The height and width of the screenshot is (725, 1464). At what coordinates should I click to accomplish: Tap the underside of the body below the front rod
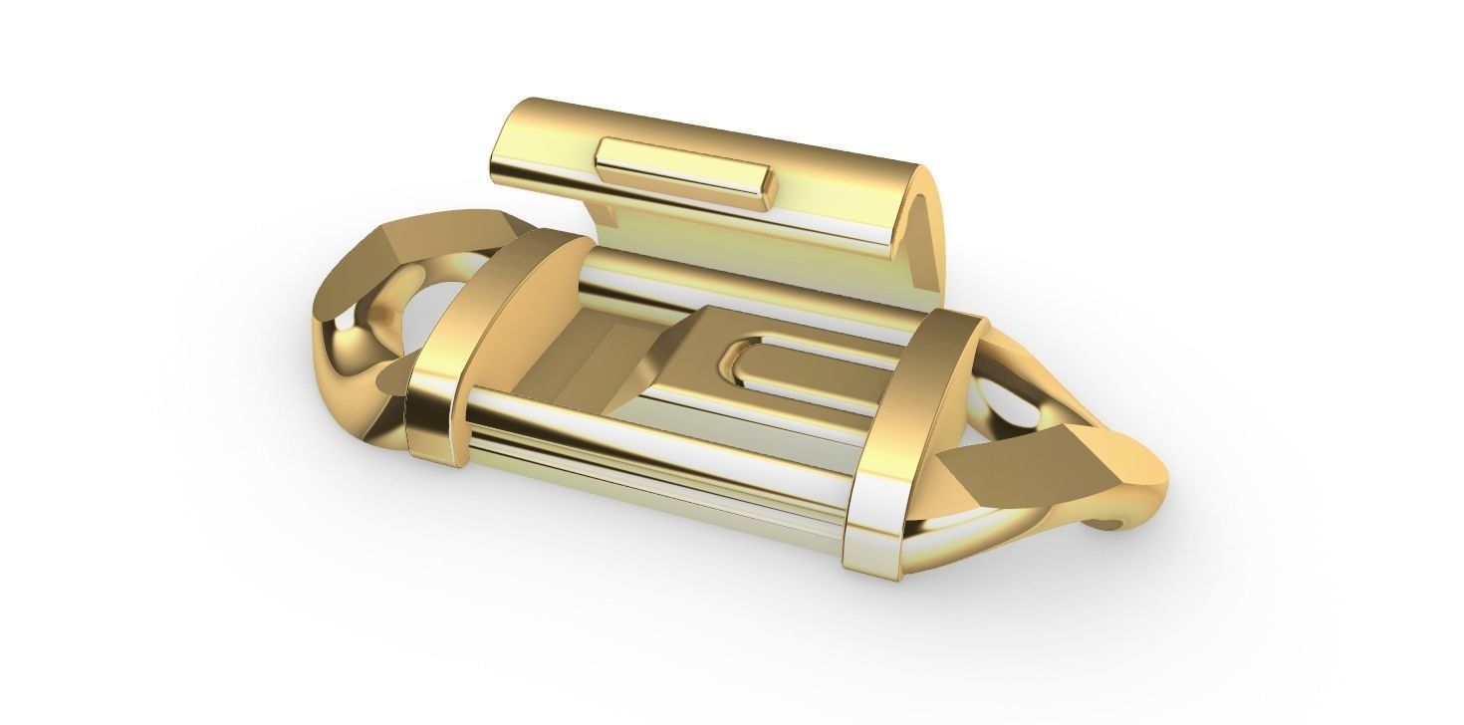tap(647, 498)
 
